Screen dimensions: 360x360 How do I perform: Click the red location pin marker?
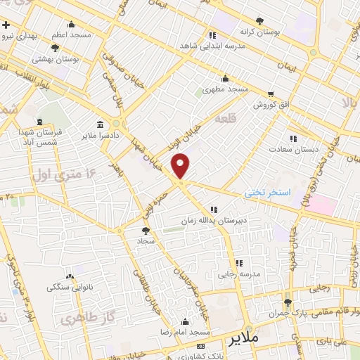[x=181, y=166]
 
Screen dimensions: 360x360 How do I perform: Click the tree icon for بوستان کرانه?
[x=260, y=21]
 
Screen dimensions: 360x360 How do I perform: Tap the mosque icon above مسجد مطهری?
[x=225, y=78]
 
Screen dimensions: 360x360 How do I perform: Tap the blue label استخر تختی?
[x=267, y=192]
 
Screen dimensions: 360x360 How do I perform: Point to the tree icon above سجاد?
[x=146, y=230]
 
